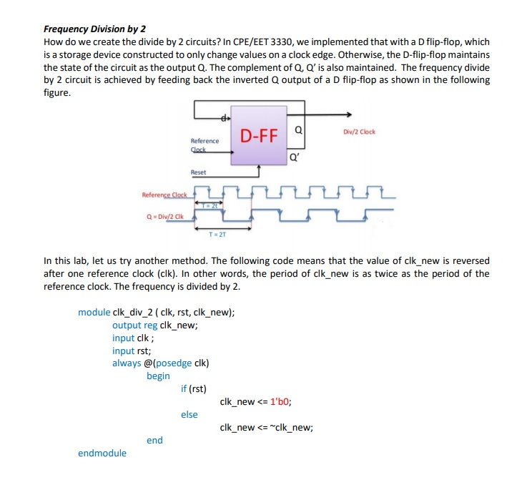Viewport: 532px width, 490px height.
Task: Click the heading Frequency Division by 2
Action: click(x=94, y=29)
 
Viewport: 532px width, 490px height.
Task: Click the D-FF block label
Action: click(x=259, y=136)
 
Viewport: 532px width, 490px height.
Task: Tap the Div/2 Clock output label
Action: click(x=359, y=132)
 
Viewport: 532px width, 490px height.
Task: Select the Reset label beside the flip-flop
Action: click(x=198, y=172)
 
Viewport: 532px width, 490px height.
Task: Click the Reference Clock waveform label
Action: click(x=164, y=195)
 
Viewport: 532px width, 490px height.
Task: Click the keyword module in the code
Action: click(x=94, y=312)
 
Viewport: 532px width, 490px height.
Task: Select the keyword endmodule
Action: click(x=102, y=453)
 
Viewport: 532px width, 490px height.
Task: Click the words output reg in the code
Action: click(x=134, y=325)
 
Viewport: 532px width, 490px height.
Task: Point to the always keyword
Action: click(x=127, y=363)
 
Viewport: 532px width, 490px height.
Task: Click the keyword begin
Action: click(x=158, y=376)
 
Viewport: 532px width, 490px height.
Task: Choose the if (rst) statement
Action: click(x=194, y=389)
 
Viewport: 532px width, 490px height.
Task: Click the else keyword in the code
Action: click(x=189, y=415)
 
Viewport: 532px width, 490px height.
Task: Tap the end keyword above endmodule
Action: click(x=154, y=440)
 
